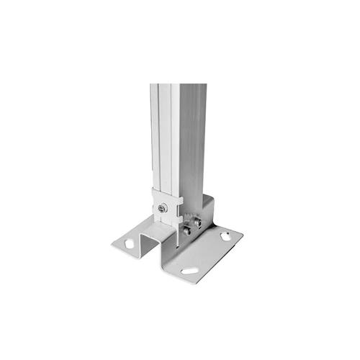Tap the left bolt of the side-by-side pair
[188, 230]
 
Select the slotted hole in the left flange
[130, 244]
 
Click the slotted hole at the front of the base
[189, 271]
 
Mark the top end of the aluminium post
[178, 86]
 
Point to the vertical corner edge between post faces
[179, 144]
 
